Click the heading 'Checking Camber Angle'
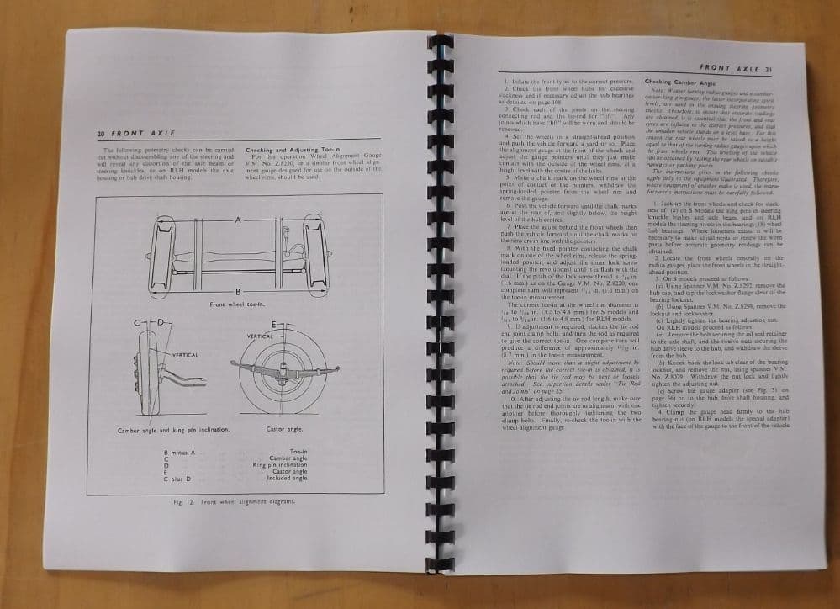click(x=678, y=82)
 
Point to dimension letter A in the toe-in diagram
click(x=239, y=220)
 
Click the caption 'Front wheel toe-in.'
click(x=238, y=304)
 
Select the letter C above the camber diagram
click(x=137, y=323)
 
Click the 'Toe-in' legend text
click(x=298, y=453)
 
